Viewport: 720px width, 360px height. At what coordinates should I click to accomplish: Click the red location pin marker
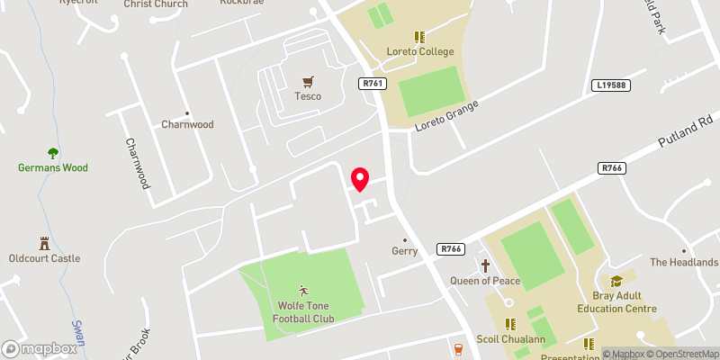click(360, 179)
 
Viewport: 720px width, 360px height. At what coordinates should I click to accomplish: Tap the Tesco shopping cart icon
click(308, 80)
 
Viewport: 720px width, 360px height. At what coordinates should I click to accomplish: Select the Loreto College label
click(419, 51)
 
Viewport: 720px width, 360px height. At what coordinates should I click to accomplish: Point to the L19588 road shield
click(611, 86)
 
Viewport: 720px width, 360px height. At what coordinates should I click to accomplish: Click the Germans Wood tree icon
click(52, 153)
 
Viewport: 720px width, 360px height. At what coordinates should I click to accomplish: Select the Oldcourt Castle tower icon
click(43, 243)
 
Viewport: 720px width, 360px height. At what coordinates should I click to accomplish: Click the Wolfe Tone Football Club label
click(303, 311)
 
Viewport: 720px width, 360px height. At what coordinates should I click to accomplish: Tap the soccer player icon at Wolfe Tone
click(303, 290)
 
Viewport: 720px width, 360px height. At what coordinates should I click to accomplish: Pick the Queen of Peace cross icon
click(486, 265)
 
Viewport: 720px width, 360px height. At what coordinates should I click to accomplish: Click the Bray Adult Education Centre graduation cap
click(616, 282)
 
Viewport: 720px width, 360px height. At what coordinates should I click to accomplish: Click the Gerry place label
click(405, 251)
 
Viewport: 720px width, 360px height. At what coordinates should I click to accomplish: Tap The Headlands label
click(683, 262)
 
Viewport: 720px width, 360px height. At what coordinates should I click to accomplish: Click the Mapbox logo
click(39, 348)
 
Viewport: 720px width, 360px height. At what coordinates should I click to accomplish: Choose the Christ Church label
click(157, 4)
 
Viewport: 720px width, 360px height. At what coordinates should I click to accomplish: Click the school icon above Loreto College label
click(418, 37)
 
